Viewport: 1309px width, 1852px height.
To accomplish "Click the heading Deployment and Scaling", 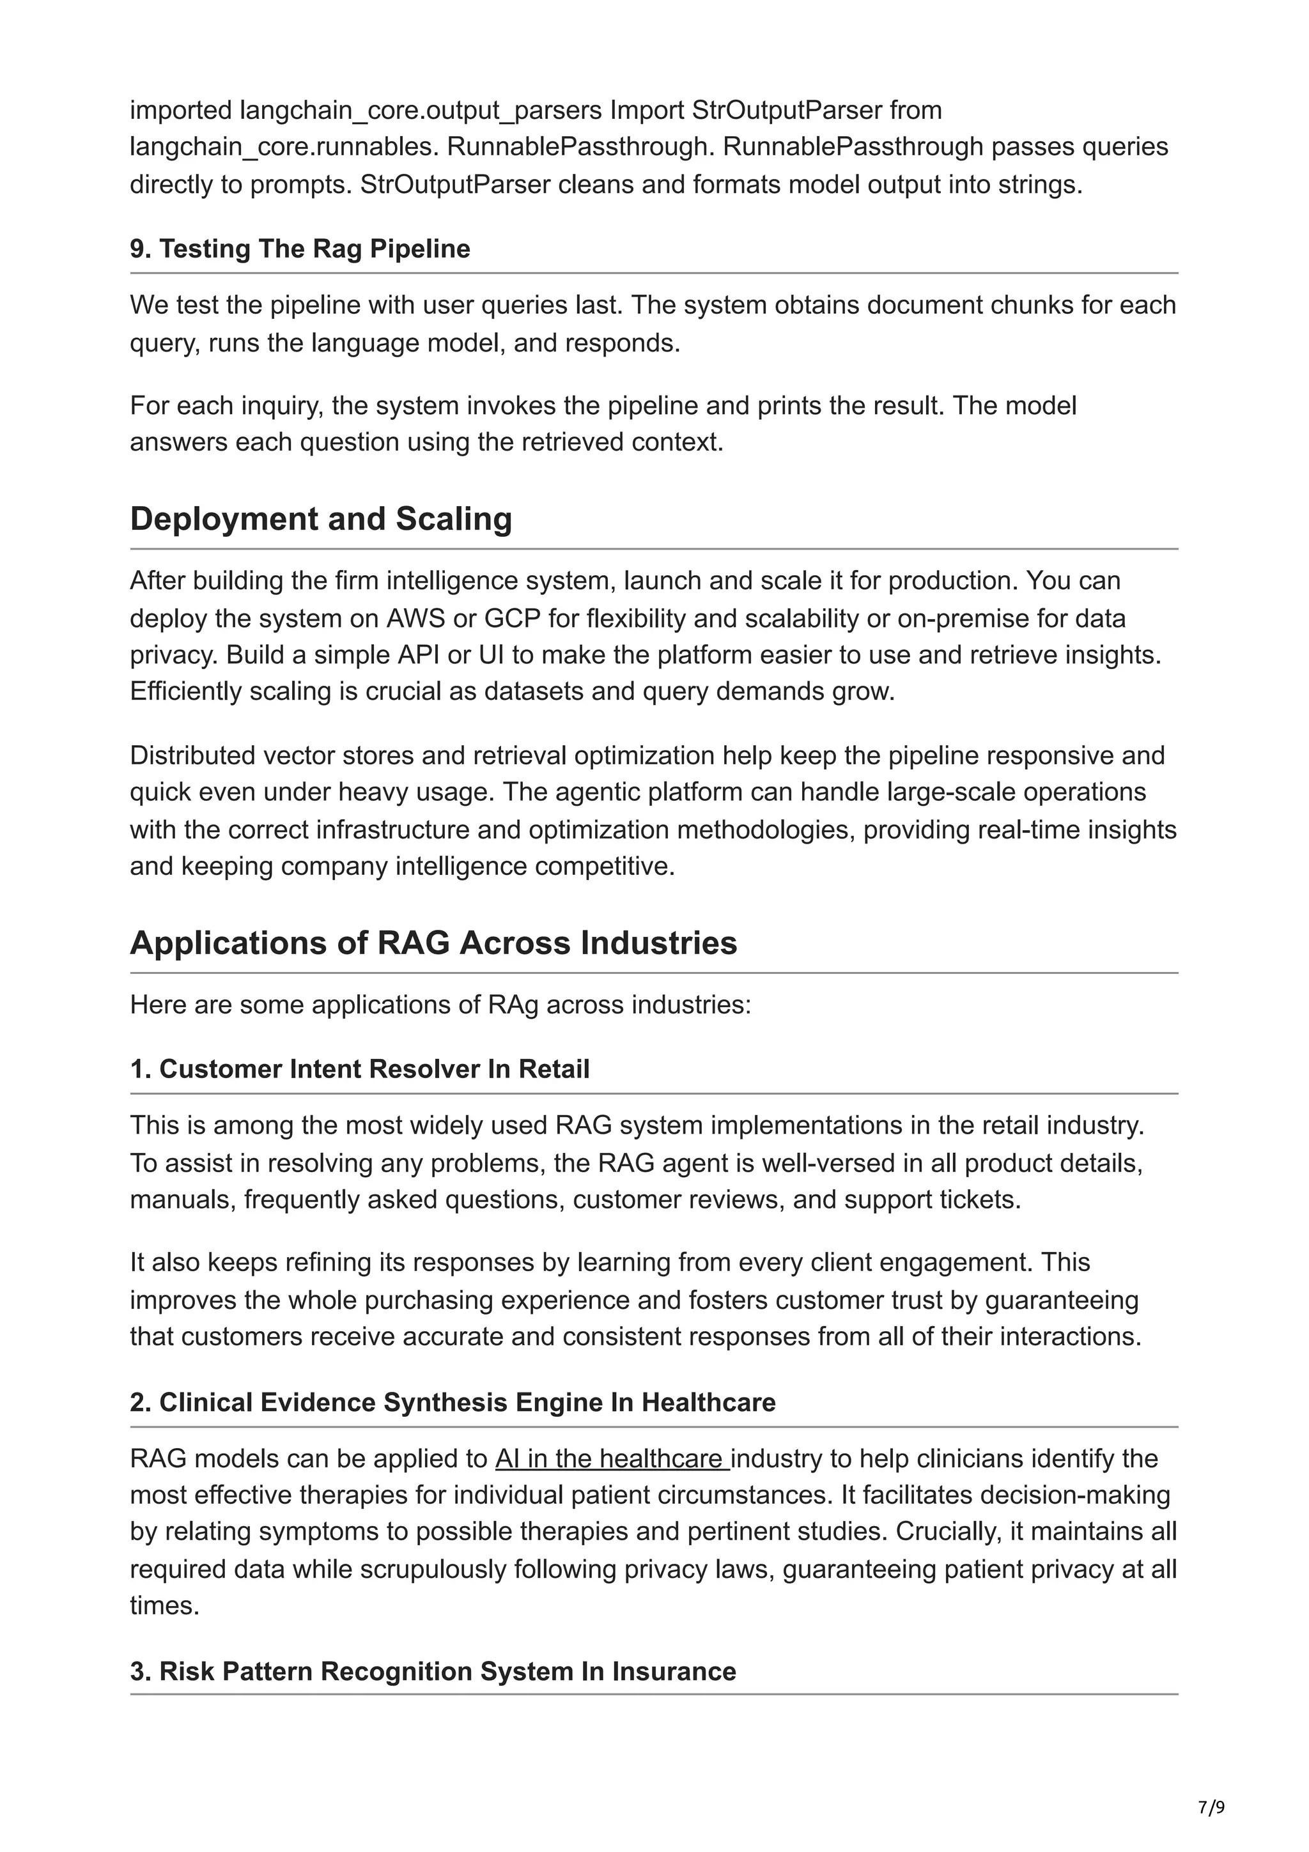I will coord(321,519).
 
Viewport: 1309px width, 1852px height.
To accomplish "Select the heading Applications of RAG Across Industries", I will coord(433,943).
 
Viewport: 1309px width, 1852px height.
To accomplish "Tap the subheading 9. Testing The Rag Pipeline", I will coord(300,249).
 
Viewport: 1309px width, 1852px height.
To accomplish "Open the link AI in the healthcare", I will coord(611,1458).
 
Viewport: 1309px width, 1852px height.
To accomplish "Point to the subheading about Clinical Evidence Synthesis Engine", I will coord(453,1402).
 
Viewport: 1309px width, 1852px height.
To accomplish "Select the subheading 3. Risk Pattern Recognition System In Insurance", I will coord(433,1671).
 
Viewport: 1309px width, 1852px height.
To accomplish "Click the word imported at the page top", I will coord(181,110).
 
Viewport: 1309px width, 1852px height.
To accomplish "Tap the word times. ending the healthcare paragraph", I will coord(164,1605).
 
